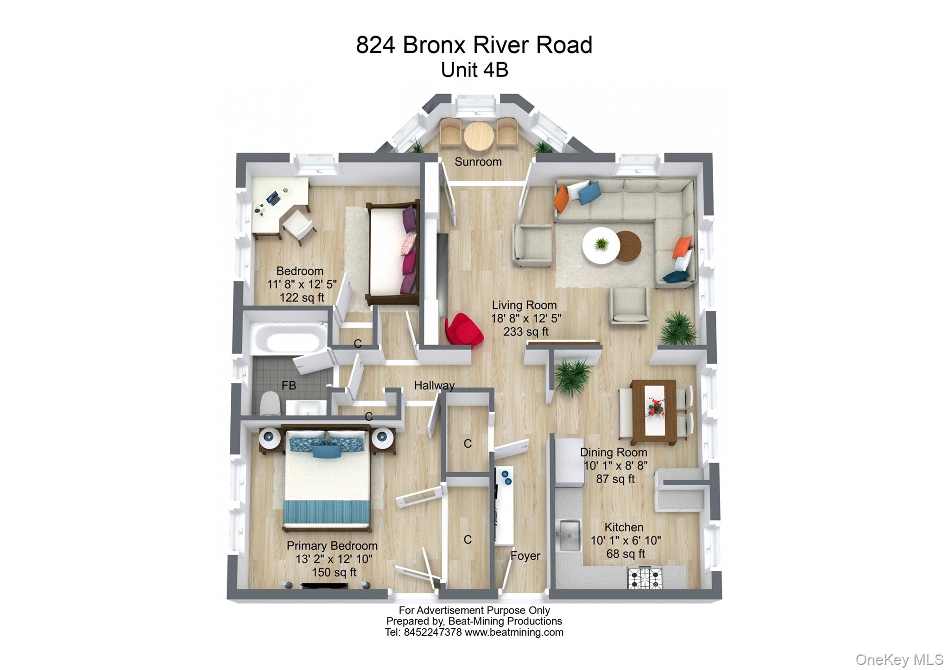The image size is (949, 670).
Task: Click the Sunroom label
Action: pos(478,162)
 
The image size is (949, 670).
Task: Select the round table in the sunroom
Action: pos(479,136)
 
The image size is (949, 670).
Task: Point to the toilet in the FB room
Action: pos(270,404)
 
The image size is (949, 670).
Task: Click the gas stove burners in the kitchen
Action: pos(645,578)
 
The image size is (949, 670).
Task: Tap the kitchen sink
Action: pos(570,535)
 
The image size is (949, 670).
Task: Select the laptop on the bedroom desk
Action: pos(273,199)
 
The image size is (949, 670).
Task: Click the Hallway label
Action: pos(434,385)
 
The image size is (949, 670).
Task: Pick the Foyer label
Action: pos(525,556)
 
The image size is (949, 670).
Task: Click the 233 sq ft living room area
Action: pos(525,332)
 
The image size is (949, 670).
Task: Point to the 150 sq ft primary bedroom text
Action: pos(334,572)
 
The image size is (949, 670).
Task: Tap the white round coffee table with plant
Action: pos(601,245)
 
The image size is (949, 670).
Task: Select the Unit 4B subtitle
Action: pos(474,70)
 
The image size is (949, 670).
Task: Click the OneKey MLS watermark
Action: pos(898,659)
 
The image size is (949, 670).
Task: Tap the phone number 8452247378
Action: pos(433,632)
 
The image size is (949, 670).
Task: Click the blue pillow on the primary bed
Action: pos(326,451)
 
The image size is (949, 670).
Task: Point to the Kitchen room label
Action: pos(624,527)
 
